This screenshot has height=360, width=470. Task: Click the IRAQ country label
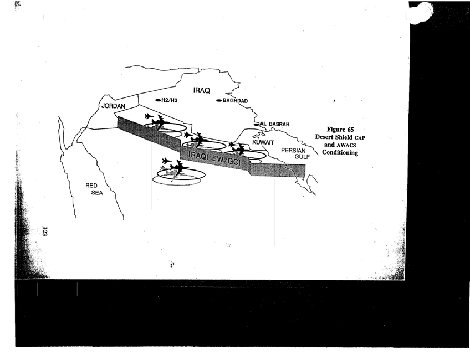pyautogui.click(x=201, y=90)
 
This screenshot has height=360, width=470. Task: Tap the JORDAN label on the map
pyautogui.click(x=113, y=106)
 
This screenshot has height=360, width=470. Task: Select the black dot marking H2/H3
pyautogui.click(x=158, y=100)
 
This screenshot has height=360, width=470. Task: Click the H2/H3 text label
pyautogui.click(x=170, y=100)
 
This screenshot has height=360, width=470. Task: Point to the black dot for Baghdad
pyautogui.click(x=219, y=101)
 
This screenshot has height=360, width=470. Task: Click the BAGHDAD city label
pyautogui.click(x=236, y=101)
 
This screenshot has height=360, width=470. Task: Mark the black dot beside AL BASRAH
pyautogui.click(x=257, y=124)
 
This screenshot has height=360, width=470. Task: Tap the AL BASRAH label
pyautogui.click(x=275, y=124)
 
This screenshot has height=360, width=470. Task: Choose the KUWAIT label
pyautogui.click(x=263, y=142)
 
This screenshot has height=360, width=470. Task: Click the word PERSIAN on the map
pyautogui.click(x=293, y=151)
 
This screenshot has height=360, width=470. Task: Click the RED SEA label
pyautogui.click(x=94, y=189)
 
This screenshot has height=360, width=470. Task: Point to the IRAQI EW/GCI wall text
pyautogui.click(x=214, y=158)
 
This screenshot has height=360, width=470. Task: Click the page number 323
pyautogui.click(x=44, y=231)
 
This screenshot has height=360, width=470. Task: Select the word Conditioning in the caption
pyautogui.click(x=340, y=152)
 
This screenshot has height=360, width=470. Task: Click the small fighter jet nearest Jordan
pyautogui.click(x=149, y=116)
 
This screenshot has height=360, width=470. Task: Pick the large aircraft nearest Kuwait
pyautogui.click(x=240, y=149)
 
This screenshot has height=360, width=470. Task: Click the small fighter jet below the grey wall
pyautogui.click(x=166, y=161)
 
